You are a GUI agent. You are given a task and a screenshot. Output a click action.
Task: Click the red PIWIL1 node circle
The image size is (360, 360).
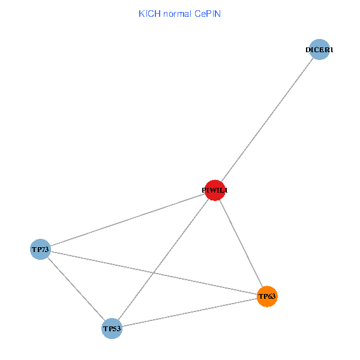coord(215,190)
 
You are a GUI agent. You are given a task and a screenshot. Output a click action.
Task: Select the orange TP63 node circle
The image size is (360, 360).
coord(267,296)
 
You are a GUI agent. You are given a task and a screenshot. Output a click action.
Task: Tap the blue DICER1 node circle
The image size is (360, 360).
coord(320,50)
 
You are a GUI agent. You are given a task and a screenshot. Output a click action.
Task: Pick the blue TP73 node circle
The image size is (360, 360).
coord(40,249)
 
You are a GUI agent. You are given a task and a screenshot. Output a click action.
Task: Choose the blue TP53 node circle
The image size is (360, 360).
coord(112,329)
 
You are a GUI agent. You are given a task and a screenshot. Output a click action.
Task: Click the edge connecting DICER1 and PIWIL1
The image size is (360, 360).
coord(267,120)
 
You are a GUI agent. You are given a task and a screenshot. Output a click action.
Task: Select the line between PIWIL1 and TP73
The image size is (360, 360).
coord(127,220)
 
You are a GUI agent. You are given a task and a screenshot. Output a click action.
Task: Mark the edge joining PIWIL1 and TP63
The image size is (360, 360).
coord(241,243)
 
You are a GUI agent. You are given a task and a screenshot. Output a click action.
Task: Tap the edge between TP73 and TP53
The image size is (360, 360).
coord(76,289)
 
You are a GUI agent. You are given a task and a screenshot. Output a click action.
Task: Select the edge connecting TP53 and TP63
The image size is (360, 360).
coord(189,313)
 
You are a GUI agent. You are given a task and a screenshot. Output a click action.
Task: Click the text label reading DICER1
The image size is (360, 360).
coord(319,50)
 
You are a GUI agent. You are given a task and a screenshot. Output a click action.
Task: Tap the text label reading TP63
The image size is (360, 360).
coord(267,296)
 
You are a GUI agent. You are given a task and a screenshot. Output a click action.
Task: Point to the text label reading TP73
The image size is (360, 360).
coord(40,249)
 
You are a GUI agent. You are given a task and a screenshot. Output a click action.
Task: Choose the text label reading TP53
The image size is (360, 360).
coord(112,329)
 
